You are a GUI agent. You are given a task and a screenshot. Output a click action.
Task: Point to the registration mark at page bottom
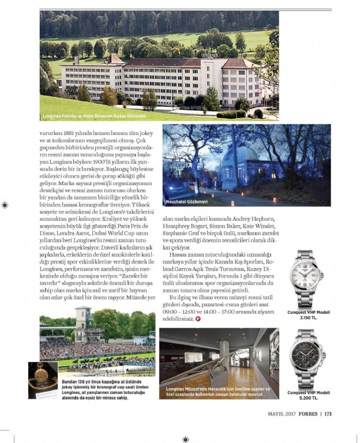click(x=185, y=439)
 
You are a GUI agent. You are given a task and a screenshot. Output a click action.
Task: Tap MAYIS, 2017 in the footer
click(x=281, y=412)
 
